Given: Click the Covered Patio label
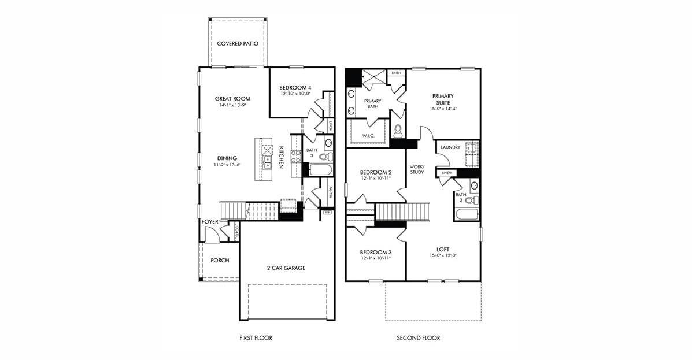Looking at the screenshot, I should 237,44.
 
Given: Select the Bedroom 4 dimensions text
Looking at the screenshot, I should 295,94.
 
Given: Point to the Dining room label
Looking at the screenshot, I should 227,158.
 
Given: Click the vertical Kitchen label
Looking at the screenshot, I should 282,157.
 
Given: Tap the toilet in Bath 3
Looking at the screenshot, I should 325,156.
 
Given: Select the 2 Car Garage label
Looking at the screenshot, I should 286,268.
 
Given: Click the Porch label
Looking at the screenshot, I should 220,261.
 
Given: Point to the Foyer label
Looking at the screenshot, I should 209,222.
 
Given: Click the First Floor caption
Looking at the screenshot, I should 256,338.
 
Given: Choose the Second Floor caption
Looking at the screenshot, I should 418,338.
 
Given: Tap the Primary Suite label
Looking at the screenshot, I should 443,99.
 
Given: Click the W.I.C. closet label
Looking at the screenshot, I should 368,136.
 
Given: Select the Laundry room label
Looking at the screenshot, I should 450,147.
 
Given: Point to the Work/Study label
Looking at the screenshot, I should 417,169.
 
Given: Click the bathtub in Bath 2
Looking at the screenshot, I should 467,215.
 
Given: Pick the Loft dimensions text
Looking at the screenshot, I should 443,256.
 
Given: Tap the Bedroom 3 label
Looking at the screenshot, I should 376,253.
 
